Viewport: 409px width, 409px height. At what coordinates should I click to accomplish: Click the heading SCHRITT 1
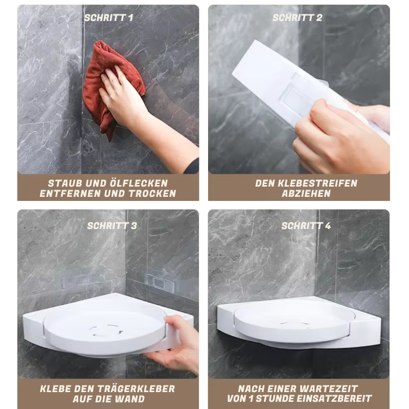click(x=109, y=18)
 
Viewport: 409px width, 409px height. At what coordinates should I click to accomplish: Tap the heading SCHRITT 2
click(x=298, y=18)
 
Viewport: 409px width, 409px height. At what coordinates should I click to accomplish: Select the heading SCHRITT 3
click(x=112, y=225)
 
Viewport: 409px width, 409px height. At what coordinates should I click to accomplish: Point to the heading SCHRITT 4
click(x=306, y=225)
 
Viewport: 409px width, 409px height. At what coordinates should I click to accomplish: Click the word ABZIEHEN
click(x=306, y=194)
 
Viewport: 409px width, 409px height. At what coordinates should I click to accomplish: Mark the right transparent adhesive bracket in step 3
click(x=160, y=283)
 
